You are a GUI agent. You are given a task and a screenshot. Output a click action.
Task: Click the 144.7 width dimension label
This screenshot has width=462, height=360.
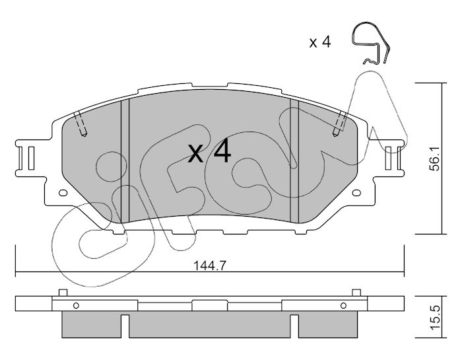(x=209, y=266)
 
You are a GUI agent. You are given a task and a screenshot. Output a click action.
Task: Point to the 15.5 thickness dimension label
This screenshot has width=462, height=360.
(x=435, y=318)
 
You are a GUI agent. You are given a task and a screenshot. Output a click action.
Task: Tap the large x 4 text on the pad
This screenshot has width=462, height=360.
(x=209, y=152)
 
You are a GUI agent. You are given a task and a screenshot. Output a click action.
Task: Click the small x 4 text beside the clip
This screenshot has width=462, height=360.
(x=320, y=42)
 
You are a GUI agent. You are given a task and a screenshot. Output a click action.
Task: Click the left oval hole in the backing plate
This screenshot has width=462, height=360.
(x=63, y=193)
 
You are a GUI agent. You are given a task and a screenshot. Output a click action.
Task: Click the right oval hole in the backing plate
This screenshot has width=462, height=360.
(x=356, y=193)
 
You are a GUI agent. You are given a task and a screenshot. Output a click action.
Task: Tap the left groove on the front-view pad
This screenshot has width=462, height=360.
(x=125, y=161)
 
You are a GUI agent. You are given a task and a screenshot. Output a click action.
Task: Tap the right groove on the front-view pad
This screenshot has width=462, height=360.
(x=294, y=161)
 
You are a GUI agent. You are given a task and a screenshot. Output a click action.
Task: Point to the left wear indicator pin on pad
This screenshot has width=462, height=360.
(x=81, y=124)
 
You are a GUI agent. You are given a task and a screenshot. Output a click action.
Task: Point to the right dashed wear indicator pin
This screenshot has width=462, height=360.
(x=339, y=124)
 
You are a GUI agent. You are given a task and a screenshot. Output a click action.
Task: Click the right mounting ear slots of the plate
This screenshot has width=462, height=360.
(x=393, y=158)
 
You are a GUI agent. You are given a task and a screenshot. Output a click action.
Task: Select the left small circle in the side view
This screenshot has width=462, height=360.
(x=76, y=305)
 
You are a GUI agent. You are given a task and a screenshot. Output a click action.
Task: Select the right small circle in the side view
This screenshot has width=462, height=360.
(x=343, y=305)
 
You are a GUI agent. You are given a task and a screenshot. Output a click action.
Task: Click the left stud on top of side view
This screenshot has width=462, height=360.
(x=63, y=293)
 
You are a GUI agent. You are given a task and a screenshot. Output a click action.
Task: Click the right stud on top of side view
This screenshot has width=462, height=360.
(x=356, y=293)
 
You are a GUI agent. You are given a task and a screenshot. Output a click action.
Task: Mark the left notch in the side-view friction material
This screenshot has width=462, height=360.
(x=125, y=326)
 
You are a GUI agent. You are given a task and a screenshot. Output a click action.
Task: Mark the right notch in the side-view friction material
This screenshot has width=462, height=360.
(x=294, y=326)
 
